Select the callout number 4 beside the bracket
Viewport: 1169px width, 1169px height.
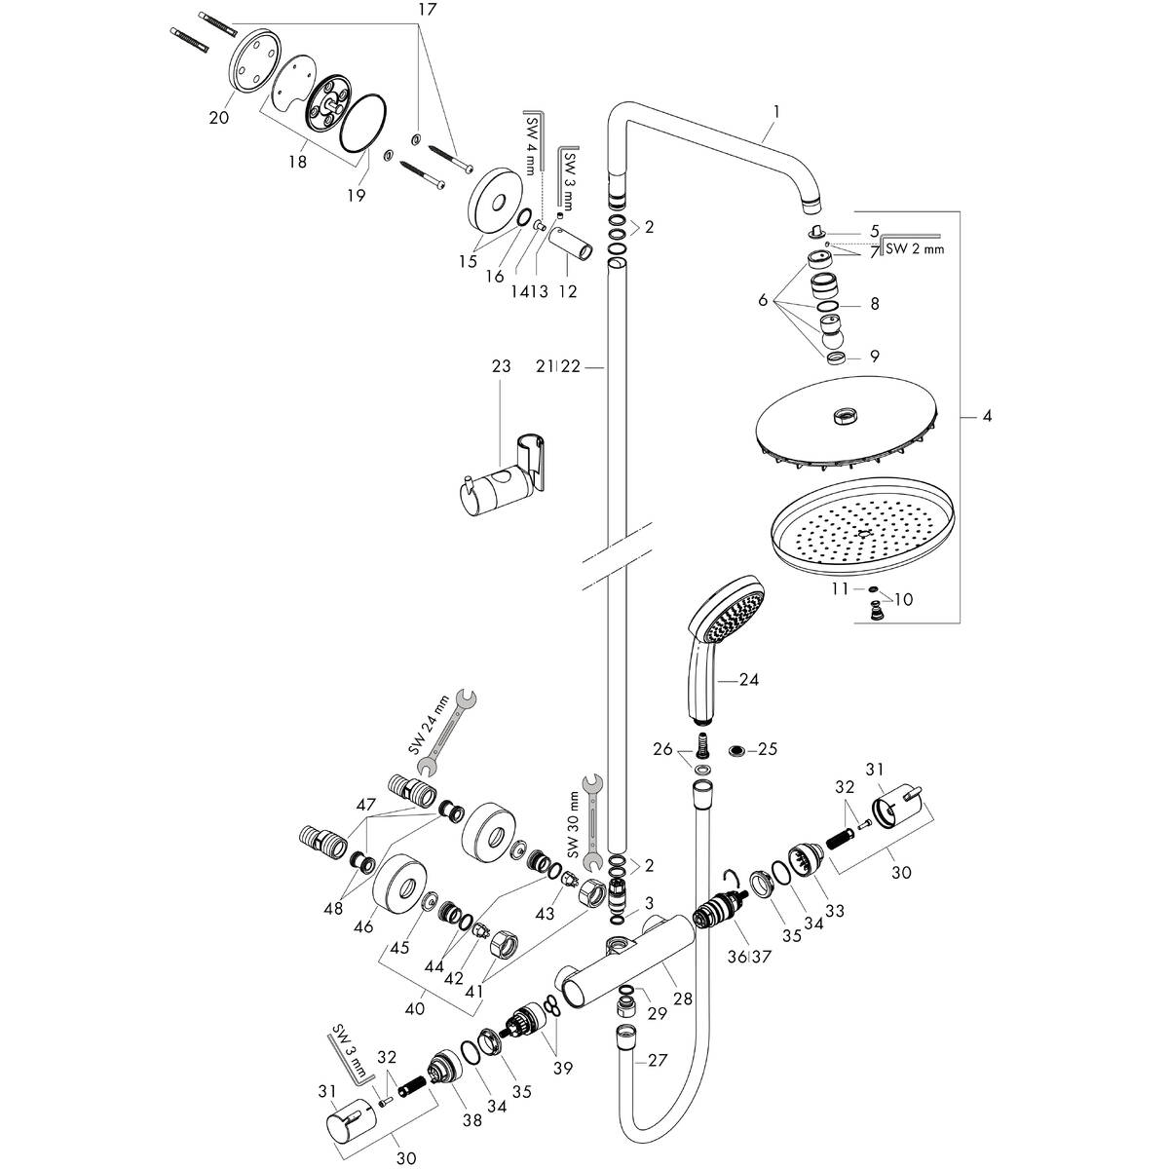click(x=987, y=417)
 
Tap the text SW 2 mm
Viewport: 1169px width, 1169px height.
click(x=915, y=249)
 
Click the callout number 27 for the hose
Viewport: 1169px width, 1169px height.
click(x=658, y=1061)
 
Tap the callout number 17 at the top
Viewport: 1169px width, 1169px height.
click(x=399, y=9)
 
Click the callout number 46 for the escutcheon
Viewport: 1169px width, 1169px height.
click(x=364, y=927)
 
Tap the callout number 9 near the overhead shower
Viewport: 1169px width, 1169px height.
click(x=874, y=357)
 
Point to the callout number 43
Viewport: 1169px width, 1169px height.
click(x=545, y=913)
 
